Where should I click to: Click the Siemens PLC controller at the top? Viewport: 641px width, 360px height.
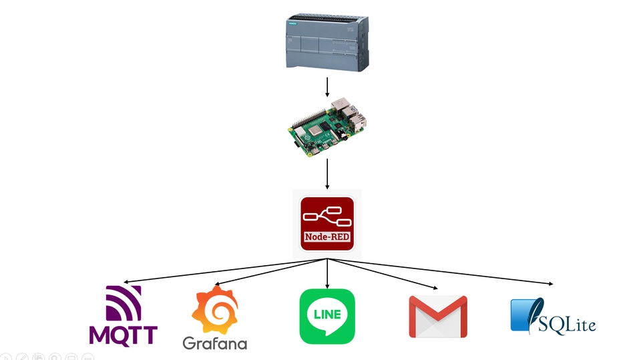point(327,43)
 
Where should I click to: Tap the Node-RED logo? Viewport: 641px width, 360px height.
point(327,223)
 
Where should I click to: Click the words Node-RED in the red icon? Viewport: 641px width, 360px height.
point(327,237)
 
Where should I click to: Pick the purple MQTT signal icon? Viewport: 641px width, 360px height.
point(125,304)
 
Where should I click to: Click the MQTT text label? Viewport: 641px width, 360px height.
point(124,333)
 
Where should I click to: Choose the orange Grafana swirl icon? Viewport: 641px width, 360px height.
point(214,311)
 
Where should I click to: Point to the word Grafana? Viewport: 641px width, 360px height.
point(214,343)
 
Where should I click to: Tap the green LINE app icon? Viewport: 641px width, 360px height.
point(327,316)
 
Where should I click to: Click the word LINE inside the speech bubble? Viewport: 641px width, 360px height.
point(327,314)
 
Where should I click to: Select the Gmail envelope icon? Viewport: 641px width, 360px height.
point(438,316)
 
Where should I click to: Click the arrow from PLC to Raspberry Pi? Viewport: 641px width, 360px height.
point(327,87)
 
